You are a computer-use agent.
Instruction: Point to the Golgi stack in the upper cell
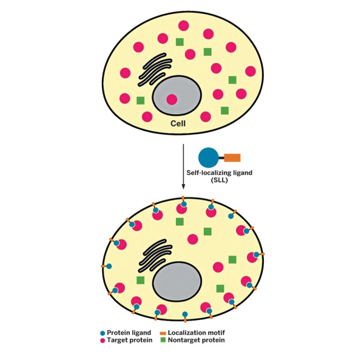pyautogui.click(x=156, y=69)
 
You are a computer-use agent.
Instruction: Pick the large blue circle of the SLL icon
pyautogui.click(x=208, y=157)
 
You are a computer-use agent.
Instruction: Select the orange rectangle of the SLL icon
pyautogui.click(x=232, y=157)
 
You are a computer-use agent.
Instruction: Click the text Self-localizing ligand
pyautogui.click(x=220, y=173)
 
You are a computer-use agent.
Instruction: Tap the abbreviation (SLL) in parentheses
pyautogui.click(x=220, y=181)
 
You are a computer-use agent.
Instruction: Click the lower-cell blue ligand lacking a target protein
pyautogui.click(x=185, y=314)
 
